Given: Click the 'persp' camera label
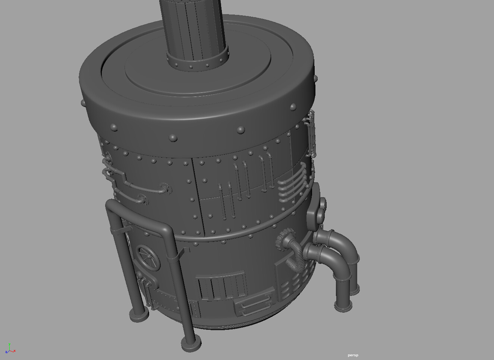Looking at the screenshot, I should tap(353, 355).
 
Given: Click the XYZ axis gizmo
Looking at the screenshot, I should tap(10, 350).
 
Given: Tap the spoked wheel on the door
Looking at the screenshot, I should tap(148, 258).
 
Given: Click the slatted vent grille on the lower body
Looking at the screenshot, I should tap(220, 287).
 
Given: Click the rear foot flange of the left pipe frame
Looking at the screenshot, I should tap(139, 316).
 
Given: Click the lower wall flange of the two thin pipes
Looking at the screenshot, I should tap(143, 200).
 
